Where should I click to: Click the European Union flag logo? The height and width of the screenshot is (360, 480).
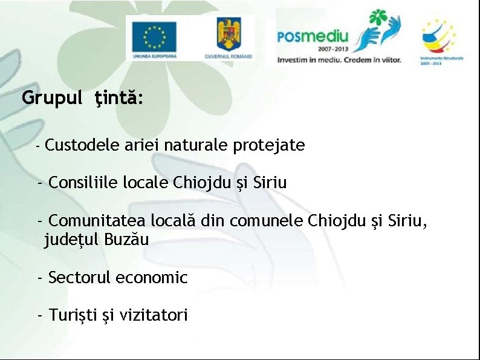[154, 36]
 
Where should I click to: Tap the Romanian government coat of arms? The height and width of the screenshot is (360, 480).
[229, 33]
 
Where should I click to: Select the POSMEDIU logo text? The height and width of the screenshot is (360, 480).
[312, 36]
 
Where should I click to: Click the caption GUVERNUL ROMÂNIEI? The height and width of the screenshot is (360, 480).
[229, 56]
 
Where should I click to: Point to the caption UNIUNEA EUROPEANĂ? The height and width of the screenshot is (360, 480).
[154, 56]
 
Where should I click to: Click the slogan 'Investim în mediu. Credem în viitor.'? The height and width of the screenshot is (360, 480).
[339, 60]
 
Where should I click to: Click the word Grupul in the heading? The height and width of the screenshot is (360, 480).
[51, 98]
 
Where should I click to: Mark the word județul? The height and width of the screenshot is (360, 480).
[72, 240]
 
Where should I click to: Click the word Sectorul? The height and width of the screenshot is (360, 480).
[79, 278]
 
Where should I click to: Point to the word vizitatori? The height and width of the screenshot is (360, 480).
[154, 315]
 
